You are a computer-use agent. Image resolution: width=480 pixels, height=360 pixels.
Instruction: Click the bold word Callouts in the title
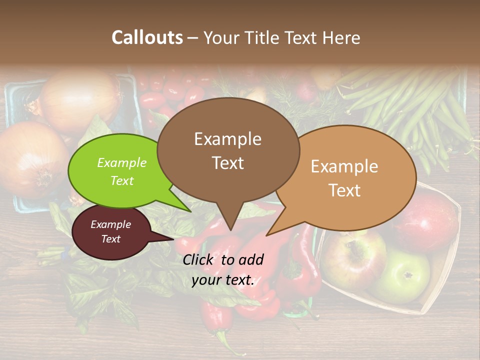click(147, 37)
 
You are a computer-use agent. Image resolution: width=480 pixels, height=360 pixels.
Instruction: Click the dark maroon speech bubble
click(111, 231)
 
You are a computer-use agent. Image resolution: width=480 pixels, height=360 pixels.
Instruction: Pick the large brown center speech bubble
click(228, 150)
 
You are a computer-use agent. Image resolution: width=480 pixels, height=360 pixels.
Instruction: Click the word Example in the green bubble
click(122, 162)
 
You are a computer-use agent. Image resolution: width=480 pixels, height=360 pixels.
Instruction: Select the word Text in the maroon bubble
click(111, 239)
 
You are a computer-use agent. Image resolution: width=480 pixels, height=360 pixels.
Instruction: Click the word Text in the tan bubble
click(345, 190)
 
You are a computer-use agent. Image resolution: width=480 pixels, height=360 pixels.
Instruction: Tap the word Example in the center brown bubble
click(228, 139)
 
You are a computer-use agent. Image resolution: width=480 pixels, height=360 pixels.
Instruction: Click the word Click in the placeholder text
click(199, 259)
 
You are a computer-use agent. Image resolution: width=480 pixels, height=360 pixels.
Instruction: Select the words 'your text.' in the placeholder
click(223, 280)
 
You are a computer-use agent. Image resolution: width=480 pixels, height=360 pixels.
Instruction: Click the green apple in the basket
click(404, 274)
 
